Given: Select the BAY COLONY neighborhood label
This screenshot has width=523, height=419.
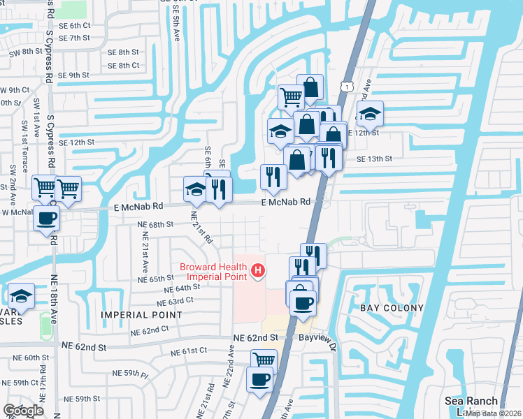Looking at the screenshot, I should click(392, 308).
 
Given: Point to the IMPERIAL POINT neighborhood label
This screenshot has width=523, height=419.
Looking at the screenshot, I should click(141, 315).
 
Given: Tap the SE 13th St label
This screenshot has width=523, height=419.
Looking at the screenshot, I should click(374, 159).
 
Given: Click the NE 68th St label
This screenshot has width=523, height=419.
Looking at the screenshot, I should click(155, 225).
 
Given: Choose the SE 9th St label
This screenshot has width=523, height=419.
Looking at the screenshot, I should click(75, 75).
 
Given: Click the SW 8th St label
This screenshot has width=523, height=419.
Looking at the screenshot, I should click(22, 52).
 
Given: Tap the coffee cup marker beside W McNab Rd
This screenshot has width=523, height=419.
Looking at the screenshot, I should click(47, 218).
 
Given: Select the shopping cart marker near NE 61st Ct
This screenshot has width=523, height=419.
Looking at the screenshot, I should click(264, 360).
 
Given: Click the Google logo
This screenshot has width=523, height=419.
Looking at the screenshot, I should click(23, 411).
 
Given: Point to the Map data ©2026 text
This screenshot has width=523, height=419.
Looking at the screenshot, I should click(493, 413).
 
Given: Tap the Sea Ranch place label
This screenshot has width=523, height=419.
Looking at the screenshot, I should click(471, 401).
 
